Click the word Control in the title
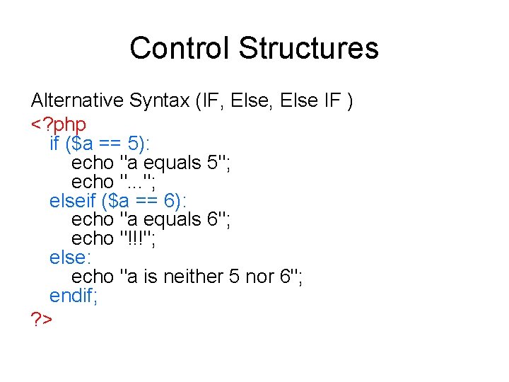(x=180, y=48)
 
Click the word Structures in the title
(x=308, y=48)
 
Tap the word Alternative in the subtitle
(x=78, y=101)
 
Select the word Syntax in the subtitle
(x=162, y=101)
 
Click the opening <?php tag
(x=59, y=125)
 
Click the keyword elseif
(x=73, y=201)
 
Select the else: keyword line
(x=67, y=257)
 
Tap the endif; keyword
(x=74, y=295)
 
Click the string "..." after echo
(x=140, y=182)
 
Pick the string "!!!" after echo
(x=139, y=238)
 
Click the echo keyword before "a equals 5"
(x=93, y=163)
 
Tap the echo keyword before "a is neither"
(x=93, y=276)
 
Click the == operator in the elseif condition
(x=147, y=201)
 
